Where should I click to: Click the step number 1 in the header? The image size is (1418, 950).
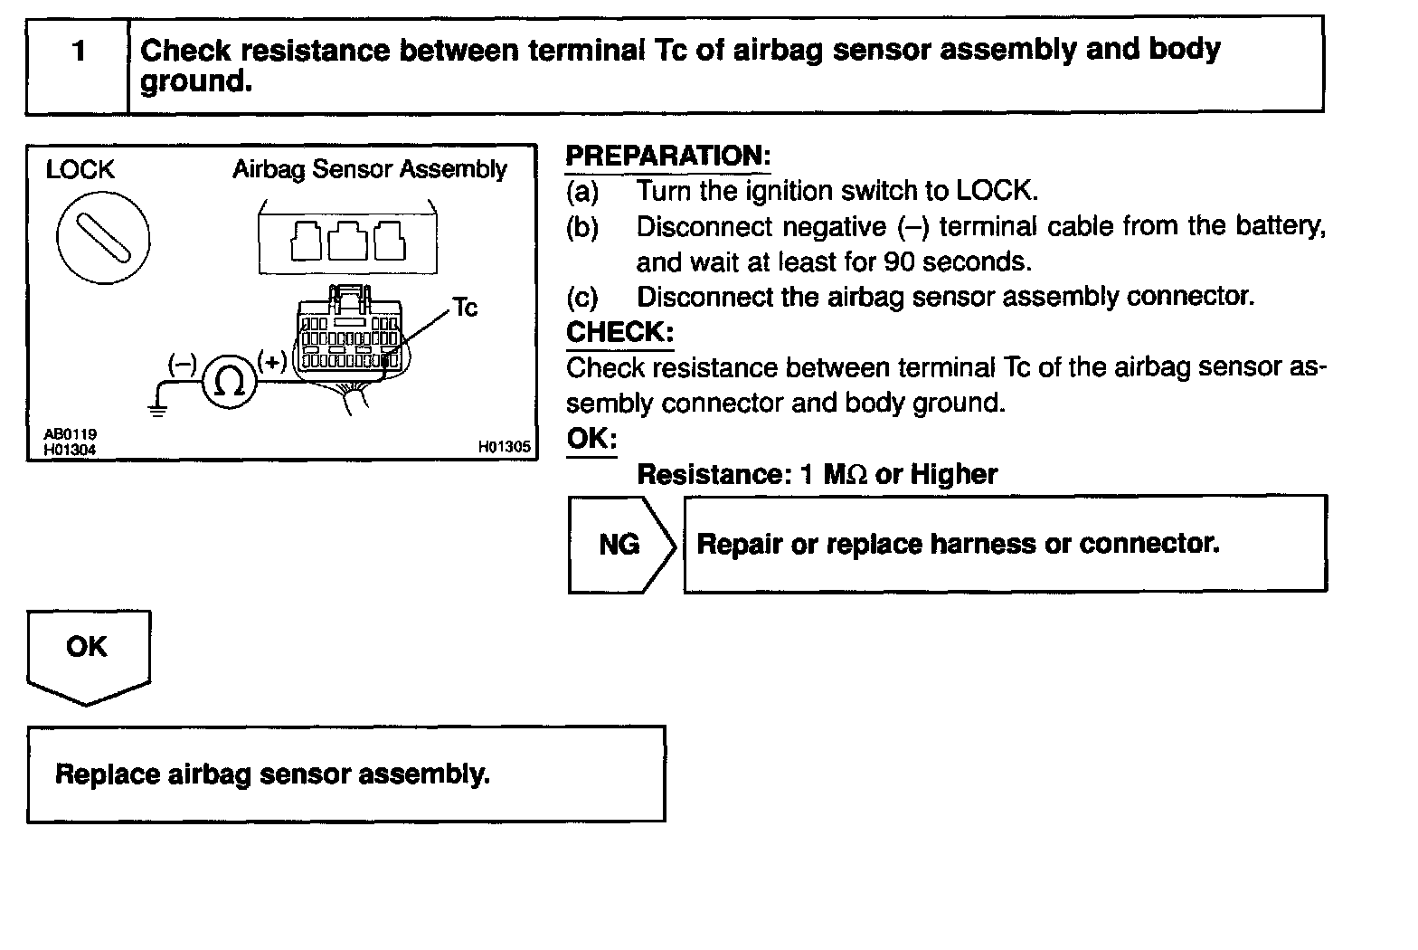click(x=79, y=51)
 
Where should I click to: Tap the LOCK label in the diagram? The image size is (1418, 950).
click(x=80, y=170)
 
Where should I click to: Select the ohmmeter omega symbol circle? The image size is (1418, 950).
click(x=230, y=384)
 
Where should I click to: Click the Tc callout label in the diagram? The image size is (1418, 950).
click(x=465, y=309)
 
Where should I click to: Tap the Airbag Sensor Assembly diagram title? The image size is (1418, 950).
click(x=370, y=170)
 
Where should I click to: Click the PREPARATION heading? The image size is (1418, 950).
click(x=667, y=156)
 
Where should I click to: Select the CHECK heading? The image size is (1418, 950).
click(x=619, y=333)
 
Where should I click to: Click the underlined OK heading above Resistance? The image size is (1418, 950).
click(x=591, y=440)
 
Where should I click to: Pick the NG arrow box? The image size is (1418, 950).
click(x=621, y=545)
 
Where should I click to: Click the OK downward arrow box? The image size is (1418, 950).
click(x=88, y=653)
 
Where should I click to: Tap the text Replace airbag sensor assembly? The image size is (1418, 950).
click(x=272, y=774)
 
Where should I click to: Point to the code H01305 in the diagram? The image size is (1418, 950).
click(x=505, y=447)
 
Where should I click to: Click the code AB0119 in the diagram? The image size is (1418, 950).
click(x=70, y=435)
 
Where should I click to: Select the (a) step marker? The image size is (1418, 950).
click(x=582, y=192)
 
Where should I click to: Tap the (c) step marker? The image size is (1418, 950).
click(x=582, y=298)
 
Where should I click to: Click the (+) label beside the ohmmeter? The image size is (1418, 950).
click(x=271, y=362)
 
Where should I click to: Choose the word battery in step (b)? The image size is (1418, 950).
click(x=1283, y=226)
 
